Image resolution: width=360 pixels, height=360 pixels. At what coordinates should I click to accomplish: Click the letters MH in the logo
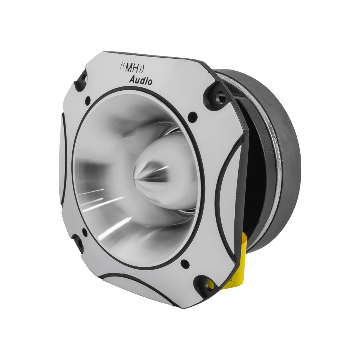(x=131, y=67)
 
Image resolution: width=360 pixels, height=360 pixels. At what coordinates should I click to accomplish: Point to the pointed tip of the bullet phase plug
(x=136, y=176)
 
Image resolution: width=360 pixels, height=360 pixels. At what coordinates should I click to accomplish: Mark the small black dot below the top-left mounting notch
(x=87, y=100)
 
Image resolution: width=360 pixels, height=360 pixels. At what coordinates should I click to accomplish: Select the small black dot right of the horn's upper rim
(x=193, y=116)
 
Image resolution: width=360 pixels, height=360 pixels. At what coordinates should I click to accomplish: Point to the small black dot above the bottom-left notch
(x=85, y=232)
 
